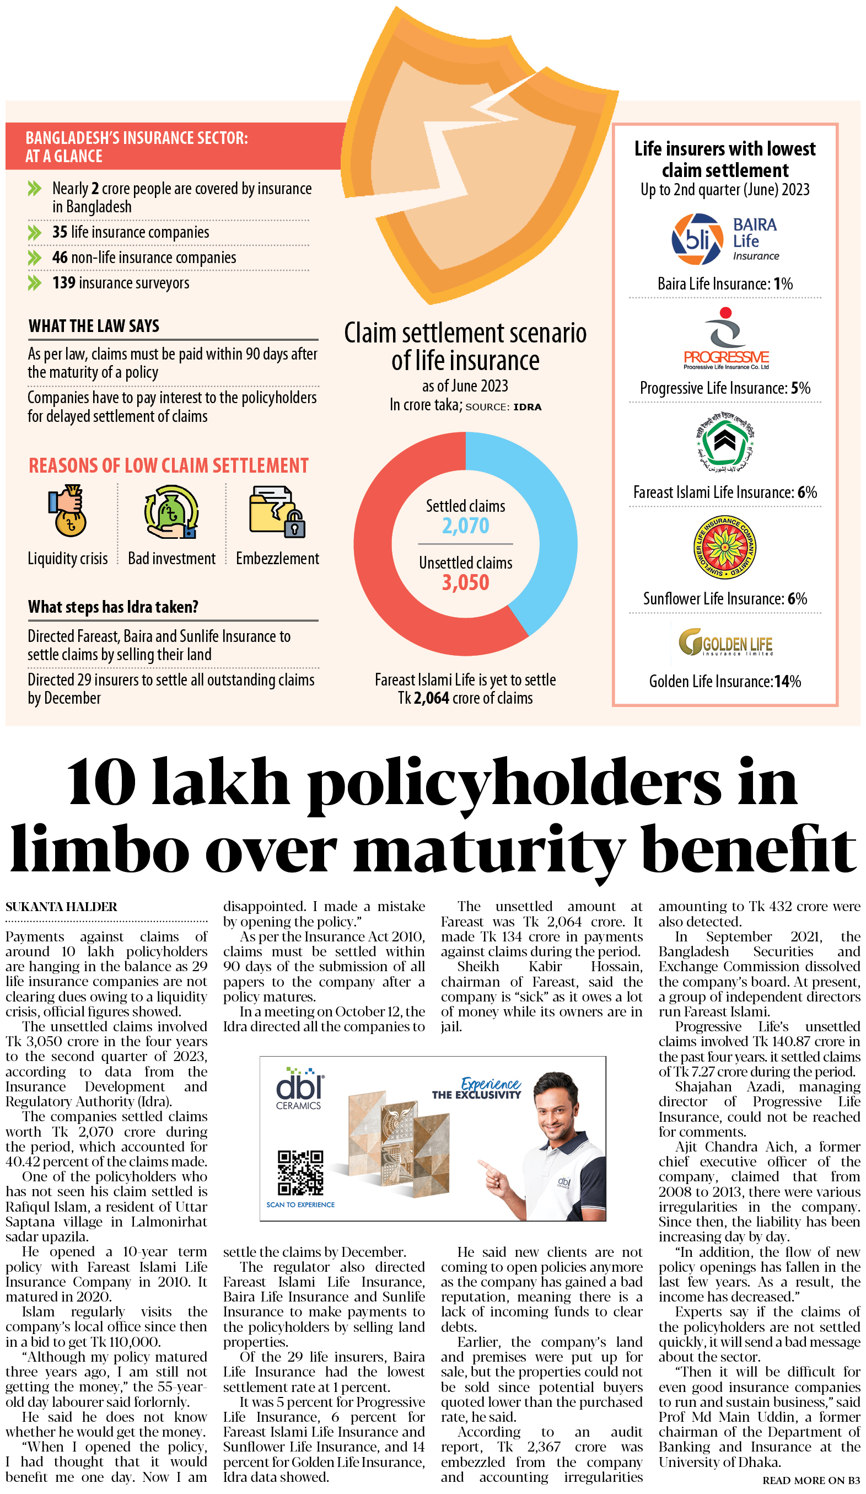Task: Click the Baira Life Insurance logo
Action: (x=724, y=239)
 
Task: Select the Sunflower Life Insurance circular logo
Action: (x=724, y=547)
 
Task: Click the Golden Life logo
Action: (x=725, y=642)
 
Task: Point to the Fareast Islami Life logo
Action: (x=724, y=442)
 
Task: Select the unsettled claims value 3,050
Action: (x=465, y=583)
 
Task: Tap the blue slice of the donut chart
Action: (x=551, y=522)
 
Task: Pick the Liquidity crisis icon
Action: (x=68, y=511)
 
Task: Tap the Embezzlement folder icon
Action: (x=277, y=512)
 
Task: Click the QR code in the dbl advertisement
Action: (x=300, y=1172)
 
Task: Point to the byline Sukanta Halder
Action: (x=61, y=907)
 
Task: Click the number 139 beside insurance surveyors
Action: (x=63, y=283)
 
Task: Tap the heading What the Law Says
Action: (x=94, y=326)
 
